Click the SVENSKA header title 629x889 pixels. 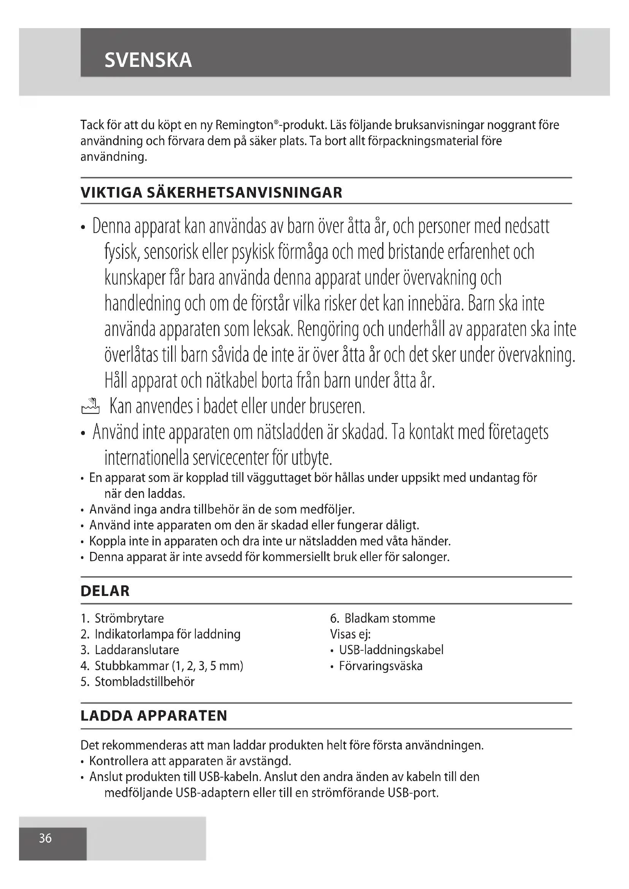[x=148, y=60]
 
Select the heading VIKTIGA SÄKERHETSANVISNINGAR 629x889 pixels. [x=211, y=193]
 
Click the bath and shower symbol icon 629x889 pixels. [x=91, y=407]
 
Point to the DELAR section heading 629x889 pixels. [x=105, y=591]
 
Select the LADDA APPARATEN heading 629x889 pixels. [x=154, y=716]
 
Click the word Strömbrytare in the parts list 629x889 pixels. [x=129, y=618]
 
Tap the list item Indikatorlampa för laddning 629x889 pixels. [x=167, y=634]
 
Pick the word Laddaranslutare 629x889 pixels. [x=137, y=650]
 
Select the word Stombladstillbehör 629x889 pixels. [x=145, y=682]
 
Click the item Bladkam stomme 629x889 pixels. [x=390, y=618]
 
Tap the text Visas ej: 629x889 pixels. [x=350, y=634]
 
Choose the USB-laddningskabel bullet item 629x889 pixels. [x=391, y=650]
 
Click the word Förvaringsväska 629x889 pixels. [x=381, y=666]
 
